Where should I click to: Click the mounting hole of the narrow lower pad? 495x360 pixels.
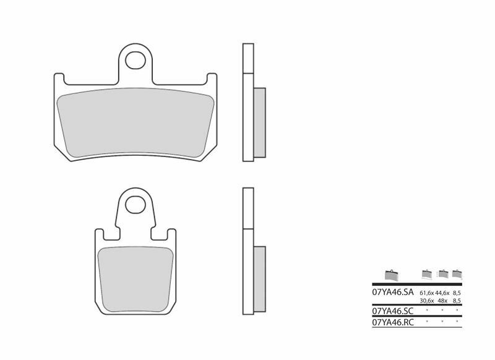click(x=133, y=204)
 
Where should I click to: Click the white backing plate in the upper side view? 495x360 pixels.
click(x=247, y=102)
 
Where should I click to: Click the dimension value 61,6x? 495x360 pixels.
click(x=427, y=293)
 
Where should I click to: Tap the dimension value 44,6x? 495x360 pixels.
click(x=442, y=293)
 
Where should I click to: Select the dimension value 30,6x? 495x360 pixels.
click(x=427, y=300)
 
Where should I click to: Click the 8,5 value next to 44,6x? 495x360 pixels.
click(x=457, y=293)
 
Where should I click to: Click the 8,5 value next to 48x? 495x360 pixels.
click(x=457, y=300)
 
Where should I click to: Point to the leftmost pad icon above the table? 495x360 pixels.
click(x=390, y=275)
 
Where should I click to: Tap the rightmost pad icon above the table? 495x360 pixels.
click(x=457, y=273)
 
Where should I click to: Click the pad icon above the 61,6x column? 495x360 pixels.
click(x=427, y=273)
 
